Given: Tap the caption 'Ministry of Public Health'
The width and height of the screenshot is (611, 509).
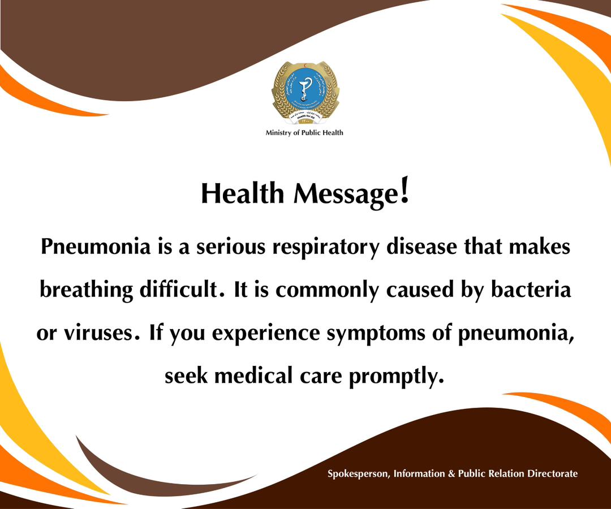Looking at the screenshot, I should [x=304, y=133].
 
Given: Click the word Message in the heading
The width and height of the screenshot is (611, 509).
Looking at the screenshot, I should [x=345, y=195].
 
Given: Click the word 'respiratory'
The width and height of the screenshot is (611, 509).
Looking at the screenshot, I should [x=324, y=248].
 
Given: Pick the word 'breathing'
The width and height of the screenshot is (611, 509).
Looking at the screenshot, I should [x=85, y=290].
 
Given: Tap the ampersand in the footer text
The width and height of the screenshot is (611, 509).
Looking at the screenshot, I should [x=451, y=474].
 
